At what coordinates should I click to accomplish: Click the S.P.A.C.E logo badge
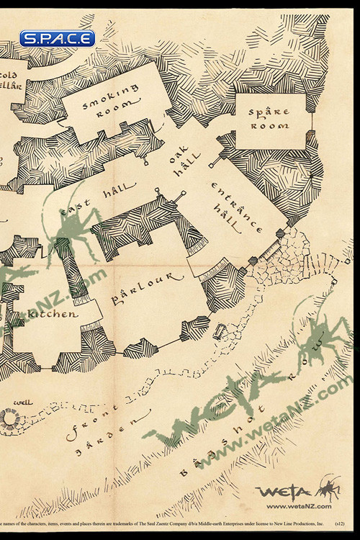point(57,39)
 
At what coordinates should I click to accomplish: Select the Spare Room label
point(269,119)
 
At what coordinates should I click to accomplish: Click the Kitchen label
point(51,315)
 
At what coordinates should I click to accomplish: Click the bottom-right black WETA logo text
point(284,492)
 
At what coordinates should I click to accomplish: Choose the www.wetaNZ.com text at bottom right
point(299,506)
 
